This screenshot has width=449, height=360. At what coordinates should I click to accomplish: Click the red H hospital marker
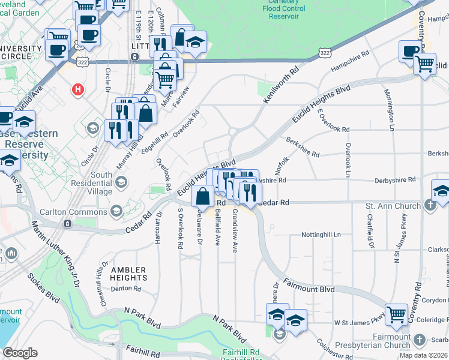click(x=77, y=91)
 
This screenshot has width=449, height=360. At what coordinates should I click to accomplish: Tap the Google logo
click(x=20, y=353)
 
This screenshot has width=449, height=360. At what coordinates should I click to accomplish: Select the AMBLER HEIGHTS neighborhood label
click(x=128, y=274)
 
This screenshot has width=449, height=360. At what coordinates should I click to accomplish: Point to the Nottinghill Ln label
click(x=321, y=234)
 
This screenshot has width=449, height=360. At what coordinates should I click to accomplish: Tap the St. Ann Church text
click(x=393, y=206)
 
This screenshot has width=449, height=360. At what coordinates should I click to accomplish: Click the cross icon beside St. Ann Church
click(x=430, y=206)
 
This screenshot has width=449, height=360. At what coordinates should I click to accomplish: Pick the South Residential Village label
click(x=93, y=183)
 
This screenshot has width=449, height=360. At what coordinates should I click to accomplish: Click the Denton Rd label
click(x=125, y=289)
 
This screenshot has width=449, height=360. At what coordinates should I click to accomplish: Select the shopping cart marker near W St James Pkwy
click(x=397, y=315)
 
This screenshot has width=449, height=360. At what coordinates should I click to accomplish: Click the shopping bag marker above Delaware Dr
click(x=203, y=196)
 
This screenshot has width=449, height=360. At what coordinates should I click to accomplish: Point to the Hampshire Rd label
click(x=348, y=61)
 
